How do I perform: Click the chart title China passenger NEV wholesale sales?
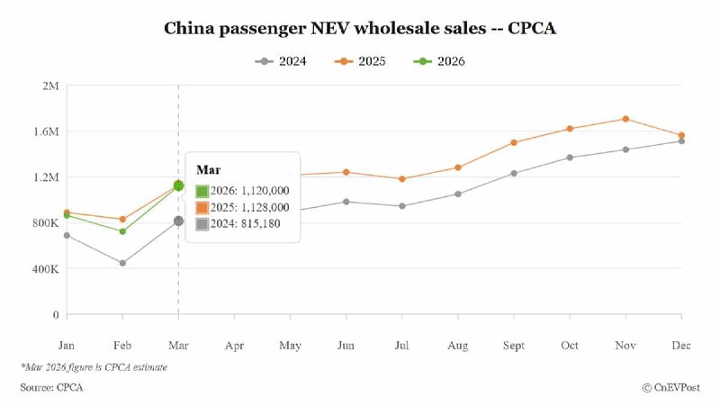tap(360, 28)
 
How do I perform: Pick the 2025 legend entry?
tap(367, 61)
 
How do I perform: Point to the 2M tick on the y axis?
tap(49, 86)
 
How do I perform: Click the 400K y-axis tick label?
tap(44, 269)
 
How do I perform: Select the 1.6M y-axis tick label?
tap(44, 131)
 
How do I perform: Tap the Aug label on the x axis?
tap(457, 345)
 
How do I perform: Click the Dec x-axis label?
tap(681, 345)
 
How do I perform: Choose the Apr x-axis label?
tap(234, 345)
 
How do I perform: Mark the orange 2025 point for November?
tap(625, 119)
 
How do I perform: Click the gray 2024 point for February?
tap(122, 263)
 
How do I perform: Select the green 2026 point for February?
tap(122, 231)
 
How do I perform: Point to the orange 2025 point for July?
tap(401, 179)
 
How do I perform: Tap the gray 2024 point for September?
tap(514, 173)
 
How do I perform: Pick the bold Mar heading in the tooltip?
tap(208, 169)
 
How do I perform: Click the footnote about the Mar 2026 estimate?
tap(94, 366)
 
